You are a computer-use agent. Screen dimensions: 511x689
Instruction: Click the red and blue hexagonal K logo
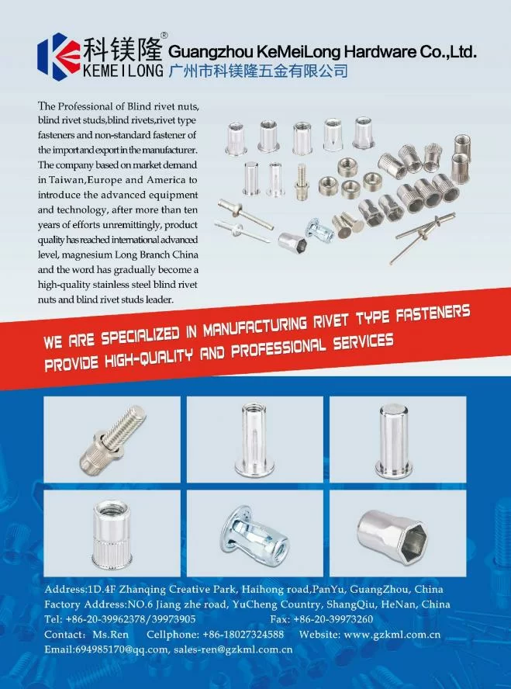click(x=59, y=56)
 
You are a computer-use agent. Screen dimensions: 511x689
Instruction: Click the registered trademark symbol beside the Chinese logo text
click(x=164, y=35)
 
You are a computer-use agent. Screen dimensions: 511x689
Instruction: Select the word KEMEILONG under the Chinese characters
click(x=123, y=71)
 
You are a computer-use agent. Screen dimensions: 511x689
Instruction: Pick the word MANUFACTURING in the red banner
click(x=255, y=327)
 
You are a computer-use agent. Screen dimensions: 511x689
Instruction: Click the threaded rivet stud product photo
click(x=112, y=439)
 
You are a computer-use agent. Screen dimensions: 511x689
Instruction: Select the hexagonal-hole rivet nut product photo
click(x=398, y=533)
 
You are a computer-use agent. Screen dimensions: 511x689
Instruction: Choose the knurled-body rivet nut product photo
click(x=112, y=533)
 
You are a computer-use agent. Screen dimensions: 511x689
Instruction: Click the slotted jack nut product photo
click(x=255, y=533)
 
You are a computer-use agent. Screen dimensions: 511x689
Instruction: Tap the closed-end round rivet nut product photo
click(x=398, y=439)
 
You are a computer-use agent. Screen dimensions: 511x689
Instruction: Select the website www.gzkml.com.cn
click(x=392, y=635)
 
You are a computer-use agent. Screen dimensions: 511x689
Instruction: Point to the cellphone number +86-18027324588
click(x=243, y=635)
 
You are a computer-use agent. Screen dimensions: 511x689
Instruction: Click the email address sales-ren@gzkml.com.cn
click(x=233, y=649)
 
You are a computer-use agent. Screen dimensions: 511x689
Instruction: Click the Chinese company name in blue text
click(x=258, y=71)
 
